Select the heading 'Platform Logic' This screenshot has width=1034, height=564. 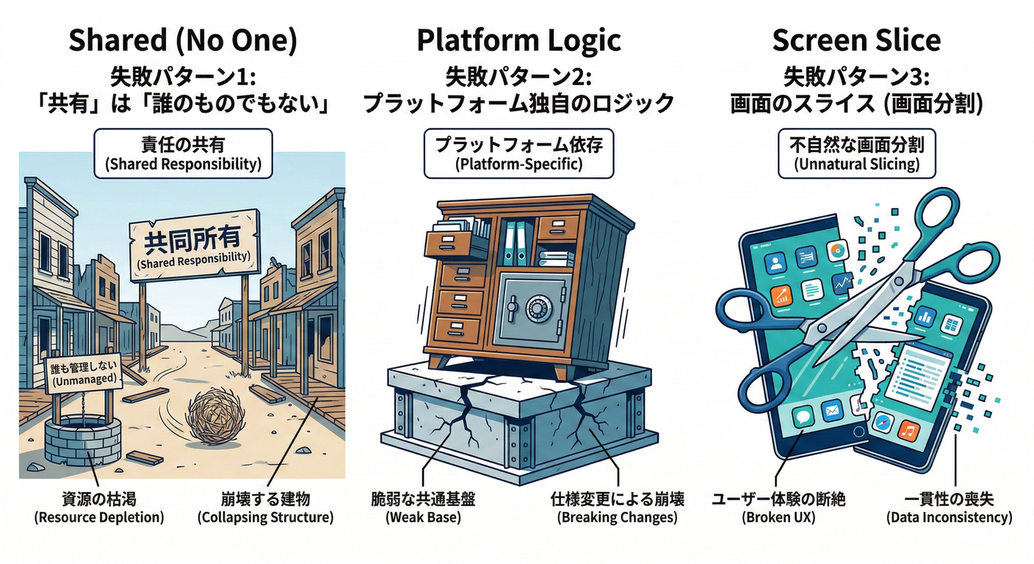tap(518, 40)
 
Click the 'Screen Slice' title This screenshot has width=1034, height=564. tap(856, 40)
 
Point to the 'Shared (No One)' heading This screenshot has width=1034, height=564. tap(184, 40)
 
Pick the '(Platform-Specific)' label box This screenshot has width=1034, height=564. tap(519, 153)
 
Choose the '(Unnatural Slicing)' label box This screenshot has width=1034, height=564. tap(857, 153)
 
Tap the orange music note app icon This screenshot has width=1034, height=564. tap(908, 432)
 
